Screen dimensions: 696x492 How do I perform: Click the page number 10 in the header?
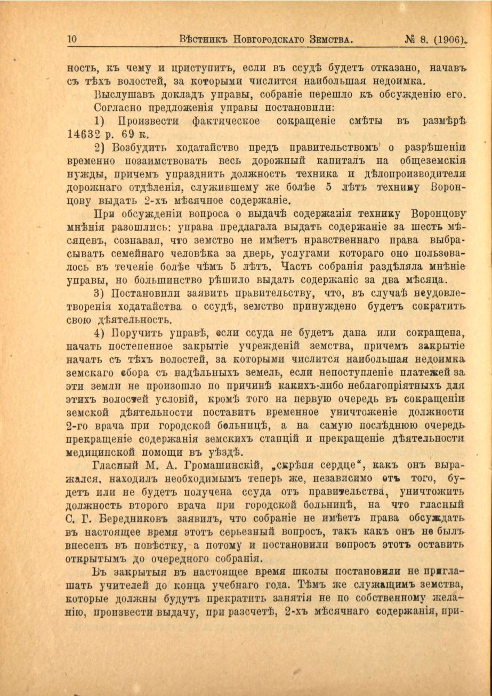[73, 39]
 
